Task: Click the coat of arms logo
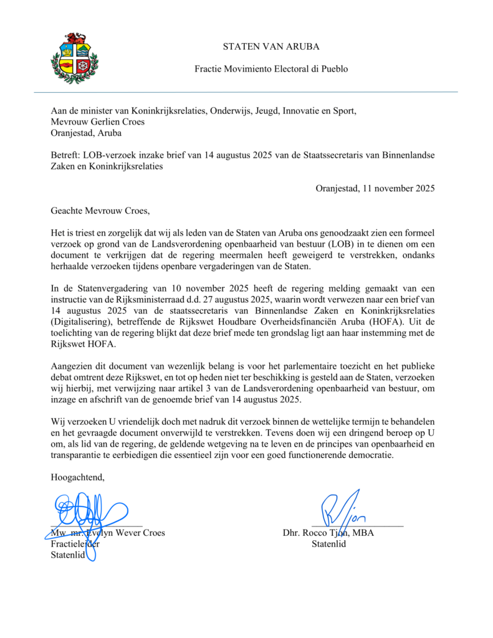click(74, 58)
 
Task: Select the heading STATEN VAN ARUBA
click(271, 47)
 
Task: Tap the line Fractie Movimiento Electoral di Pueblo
click(271, 69)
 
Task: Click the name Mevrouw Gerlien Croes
click(97, 121)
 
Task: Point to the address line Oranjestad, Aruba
click(86, 133)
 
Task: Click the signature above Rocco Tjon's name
click(342, 511)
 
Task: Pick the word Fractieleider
click(75, 544)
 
